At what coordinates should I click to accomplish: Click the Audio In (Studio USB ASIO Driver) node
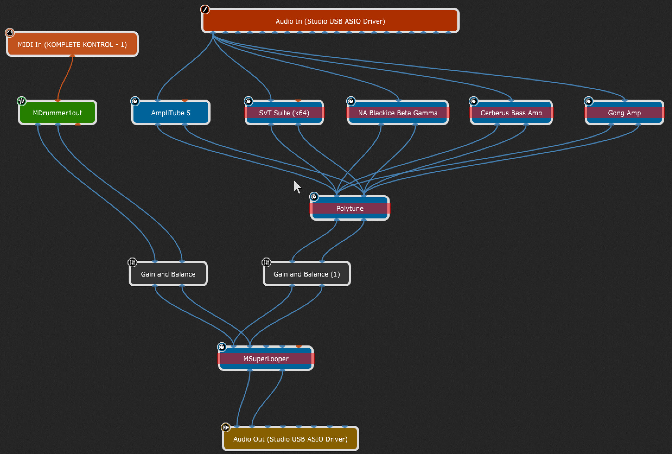pos(330,21)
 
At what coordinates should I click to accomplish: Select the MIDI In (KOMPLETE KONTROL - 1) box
pos(72,44)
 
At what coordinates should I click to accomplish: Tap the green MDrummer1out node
pos(58,113)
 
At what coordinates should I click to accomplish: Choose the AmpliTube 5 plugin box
pos(171,113)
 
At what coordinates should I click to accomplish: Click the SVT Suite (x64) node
pos(284,113)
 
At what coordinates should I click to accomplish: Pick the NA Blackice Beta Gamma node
pos(398,113)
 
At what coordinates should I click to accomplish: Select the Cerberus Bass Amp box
pos(511,113)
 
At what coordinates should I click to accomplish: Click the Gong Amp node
pos(624,113)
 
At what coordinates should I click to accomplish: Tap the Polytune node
pos(350,208)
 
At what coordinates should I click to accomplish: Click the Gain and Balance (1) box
pos(307,274)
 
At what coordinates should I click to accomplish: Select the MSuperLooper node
pos(266,358)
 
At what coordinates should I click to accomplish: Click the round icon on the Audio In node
pos(205,9)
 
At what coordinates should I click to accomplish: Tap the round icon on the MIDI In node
pos(10,33)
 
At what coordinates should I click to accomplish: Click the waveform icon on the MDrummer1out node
pos(22,101)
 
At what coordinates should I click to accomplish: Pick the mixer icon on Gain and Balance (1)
pos(266,262)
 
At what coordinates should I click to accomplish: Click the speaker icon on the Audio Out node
pos(225,427)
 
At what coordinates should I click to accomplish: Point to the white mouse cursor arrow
pos(297,187)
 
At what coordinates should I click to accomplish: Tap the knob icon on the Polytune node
pos(314,197)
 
